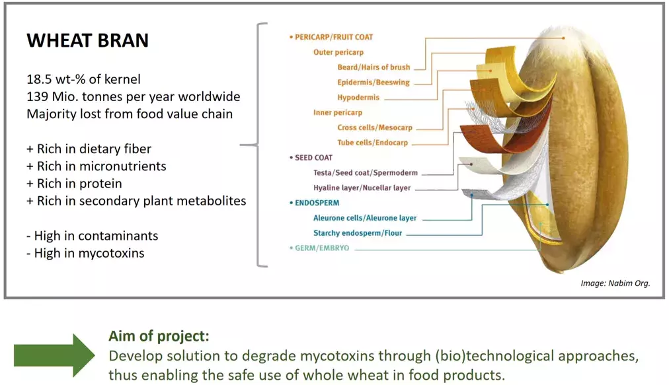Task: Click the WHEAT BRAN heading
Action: pyautogui.click(x=87, y=40)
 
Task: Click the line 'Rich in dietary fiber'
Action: pyautogui.click(x=94, y=149)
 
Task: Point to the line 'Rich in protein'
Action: pyautogui.click(x=79, y=184)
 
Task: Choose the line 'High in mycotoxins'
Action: pyautogui.click(x=89, y=254)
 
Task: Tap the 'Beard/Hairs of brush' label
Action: pyautogui.click(x=374, y=67)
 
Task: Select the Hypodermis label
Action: pyautogui.click(x=358, y=98)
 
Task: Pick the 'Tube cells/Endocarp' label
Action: pyautogui.click(x=372, y=143)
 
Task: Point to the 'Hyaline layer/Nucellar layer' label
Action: pyautogui.click(x=362, y=188)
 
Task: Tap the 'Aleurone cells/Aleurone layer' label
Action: pyautogui.click(x=365, y=219)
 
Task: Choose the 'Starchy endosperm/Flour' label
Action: pyautogui.click(x=358, y=233)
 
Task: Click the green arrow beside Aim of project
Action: pyautogui.click(x=54, y=355)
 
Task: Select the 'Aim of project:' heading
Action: pyautogui.click(x=159, y=336)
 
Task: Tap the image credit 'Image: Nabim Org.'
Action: pyautogui.click(x=615, y=283)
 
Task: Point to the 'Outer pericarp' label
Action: pyautogui.click(x=338, y=52)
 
